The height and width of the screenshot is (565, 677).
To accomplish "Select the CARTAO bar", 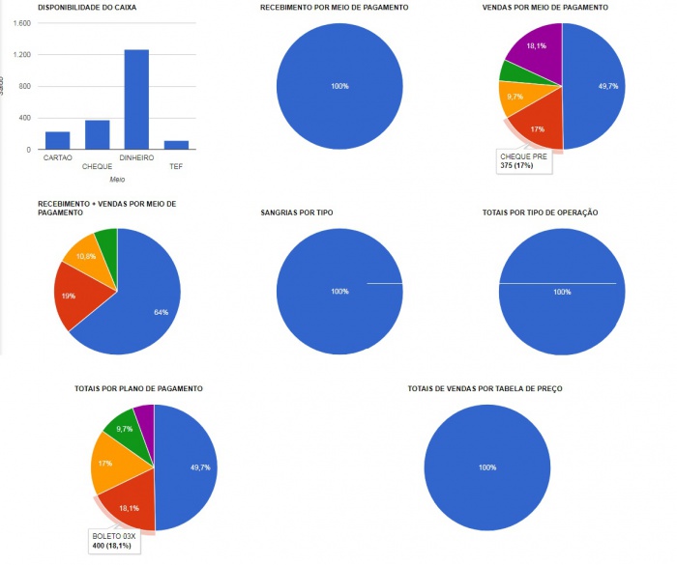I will (57, 141).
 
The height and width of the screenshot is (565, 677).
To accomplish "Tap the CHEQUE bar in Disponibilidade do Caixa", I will (97, 135).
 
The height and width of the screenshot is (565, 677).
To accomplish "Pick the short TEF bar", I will (176, 146).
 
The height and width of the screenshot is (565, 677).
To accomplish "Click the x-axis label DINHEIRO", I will (136, 157).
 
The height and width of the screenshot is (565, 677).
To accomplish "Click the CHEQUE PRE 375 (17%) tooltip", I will (522, 160).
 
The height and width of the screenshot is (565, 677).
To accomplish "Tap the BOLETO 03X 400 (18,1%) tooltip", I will (114, 541).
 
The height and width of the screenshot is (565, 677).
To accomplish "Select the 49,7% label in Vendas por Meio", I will (608, 87).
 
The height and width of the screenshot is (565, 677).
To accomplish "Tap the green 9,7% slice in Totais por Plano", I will (123, 428).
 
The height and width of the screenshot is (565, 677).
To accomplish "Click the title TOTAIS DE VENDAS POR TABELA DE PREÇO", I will (485, 388).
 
